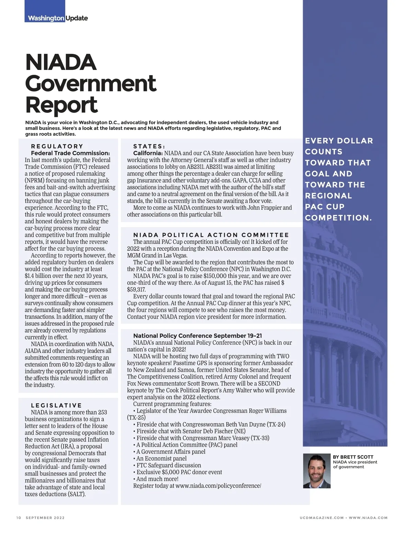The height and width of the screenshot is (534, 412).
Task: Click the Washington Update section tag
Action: pos(58,18)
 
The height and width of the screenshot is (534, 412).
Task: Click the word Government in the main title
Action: pos(91,83)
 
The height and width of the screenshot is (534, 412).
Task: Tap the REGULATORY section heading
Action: pos(57,146)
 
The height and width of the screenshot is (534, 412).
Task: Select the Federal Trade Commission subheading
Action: pos(70,153)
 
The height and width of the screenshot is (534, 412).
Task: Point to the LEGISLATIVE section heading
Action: pos(56,405)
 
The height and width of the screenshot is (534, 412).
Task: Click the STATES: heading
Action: pos(149,146)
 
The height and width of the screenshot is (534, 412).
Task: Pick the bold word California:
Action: pos(148,153)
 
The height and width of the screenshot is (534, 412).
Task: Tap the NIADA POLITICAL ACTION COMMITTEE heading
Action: pos(211,235)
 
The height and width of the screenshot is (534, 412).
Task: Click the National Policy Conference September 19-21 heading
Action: pos(197,336)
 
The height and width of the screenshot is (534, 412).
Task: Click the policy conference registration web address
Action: pos(218,486)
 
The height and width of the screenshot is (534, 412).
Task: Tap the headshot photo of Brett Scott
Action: pos(317,471)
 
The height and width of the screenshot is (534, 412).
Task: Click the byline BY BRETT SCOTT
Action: pos(353,457)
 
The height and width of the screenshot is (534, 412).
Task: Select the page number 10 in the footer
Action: pos(19,518)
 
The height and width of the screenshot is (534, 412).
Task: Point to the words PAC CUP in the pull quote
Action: pos(324,207)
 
